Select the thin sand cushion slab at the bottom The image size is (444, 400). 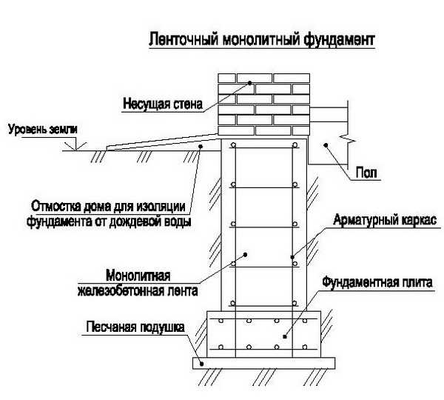click(x=264, y=362)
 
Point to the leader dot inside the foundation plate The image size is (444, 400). click(x=284, y=334)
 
